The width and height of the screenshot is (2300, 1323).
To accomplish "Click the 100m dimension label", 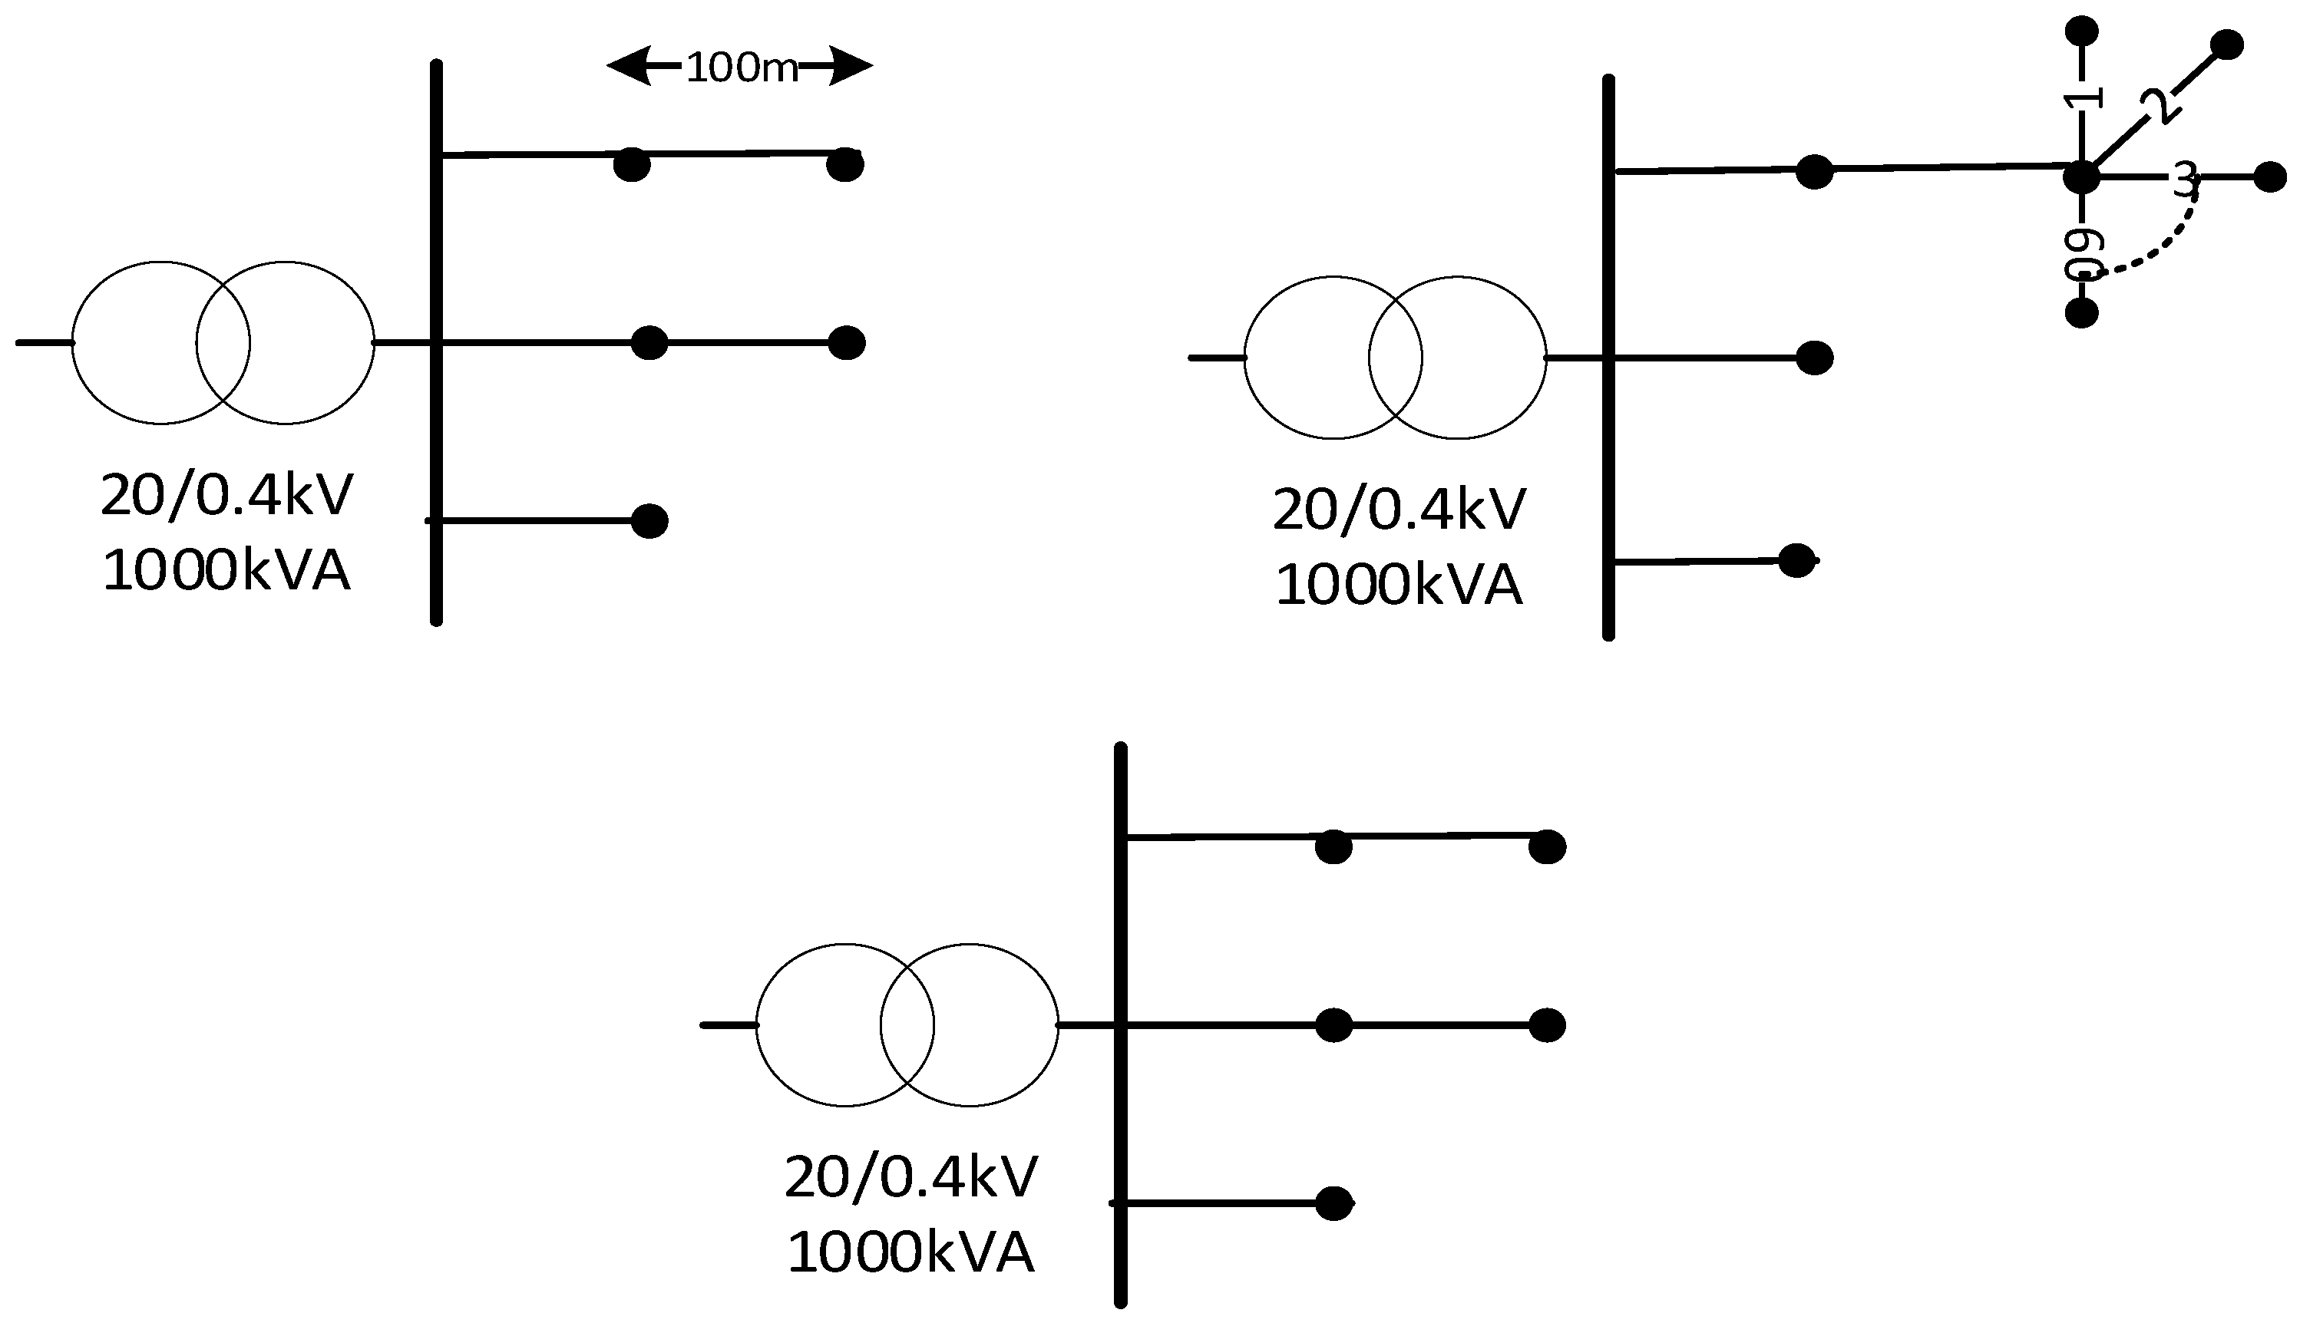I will [742, 68].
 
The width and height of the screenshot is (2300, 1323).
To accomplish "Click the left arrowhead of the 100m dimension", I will [630, 65].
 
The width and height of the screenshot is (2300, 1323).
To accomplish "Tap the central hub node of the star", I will [2082, 177].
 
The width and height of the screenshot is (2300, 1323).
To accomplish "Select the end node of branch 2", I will [2226, 45].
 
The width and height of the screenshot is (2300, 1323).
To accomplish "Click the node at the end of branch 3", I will [2270, 177].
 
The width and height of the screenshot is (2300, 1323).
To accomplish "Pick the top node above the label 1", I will [2082, 31].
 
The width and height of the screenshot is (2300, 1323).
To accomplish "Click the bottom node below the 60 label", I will [2082, 314].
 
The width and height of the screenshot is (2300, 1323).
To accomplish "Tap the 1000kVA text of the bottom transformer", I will [910, 1252].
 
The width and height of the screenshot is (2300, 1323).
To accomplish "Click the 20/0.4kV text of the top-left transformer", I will [226, 496].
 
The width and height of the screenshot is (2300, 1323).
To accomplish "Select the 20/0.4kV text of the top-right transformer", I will [1399, 510].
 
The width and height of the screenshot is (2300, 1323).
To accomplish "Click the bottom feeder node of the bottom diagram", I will [1334, 1204].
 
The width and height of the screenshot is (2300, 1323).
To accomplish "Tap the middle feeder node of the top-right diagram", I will [1815, 358].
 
